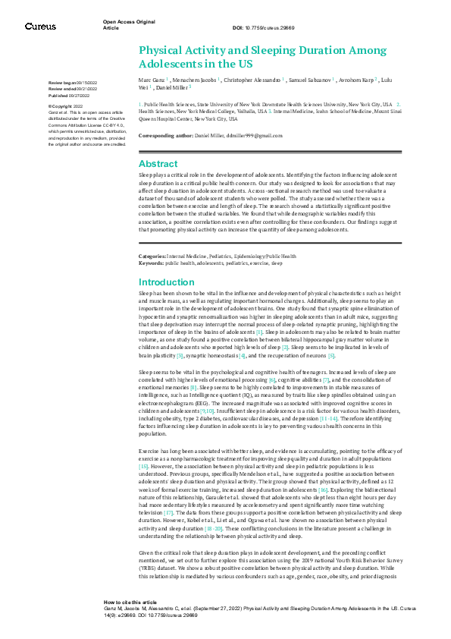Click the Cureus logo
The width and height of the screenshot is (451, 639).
point(40,27)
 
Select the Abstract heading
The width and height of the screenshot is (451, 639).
point(158,164)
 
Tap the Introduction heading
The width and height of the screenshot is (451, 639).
point(167,282)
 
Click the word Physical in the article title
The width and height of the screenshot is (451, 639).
point(164,50)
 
